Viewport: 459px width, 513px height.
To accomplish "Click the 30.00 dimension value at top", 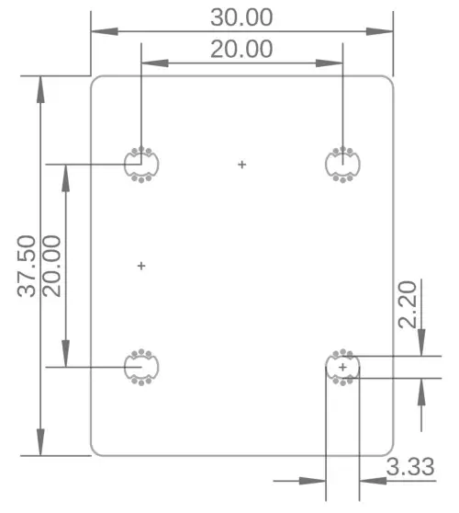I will coord(241,17).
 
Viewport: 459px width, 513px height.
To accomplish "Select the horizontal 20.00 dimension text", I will coord(241,49).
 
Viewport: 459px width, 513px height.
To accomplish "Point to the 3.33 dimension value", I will coord(409,466).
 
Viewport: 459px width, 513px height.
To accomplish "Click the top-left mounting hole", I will coord(140,165).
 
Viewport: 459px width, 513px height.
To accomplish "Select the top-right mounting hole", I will coord(343,165).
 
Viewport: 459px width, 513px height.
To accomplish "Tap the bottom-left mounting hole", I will coord(140,367).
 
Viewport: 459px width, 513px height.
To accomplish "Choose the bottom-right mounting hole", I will coord(343,368).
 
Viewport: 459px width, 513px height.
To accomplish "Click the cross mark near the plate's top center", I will coord(242,165).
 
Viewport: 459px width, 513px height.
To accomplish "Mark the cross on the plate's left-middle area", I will coord(141,266).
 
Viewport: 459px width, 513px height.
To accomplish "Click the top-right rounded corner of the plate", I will coord(389,80).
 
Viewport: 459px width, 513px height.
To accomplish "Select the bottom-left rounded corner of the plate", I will coord(95,450).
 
